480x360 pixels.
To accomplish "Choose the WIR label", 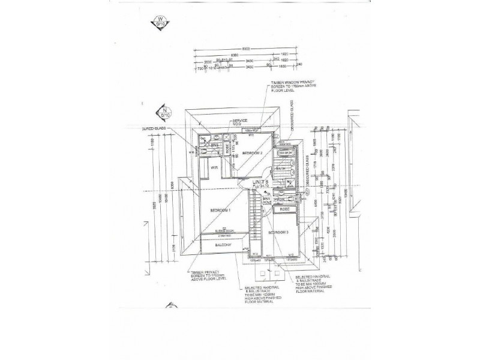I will [x=205, y=168].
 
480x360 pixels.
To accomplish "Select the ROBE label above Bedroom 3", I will [x=284, y=209].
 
